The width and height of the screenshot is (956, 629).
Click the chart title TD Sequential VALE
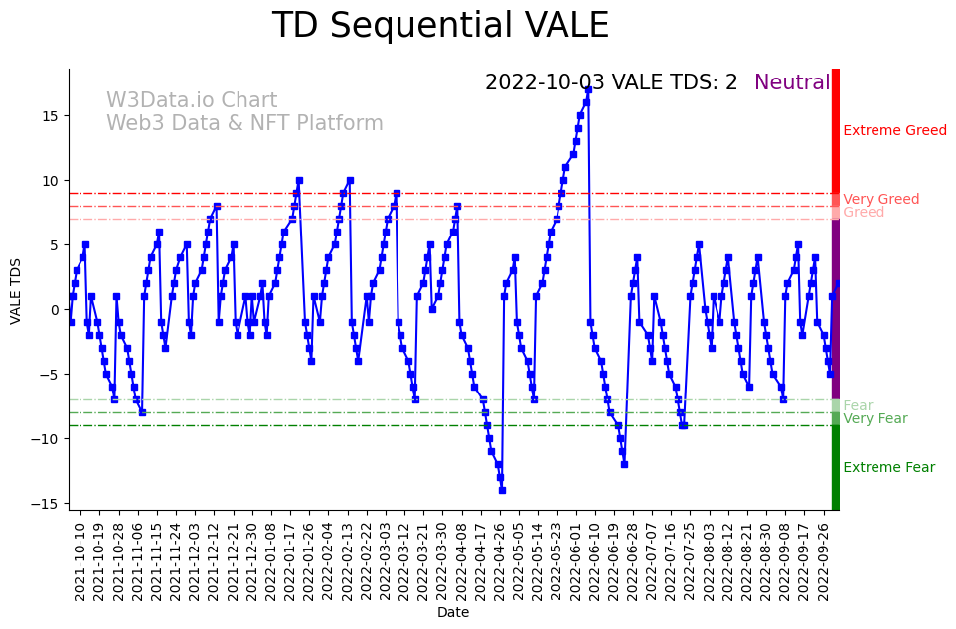pos(440,26)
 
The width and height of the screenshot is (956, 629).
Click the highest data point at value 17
pos(588,89)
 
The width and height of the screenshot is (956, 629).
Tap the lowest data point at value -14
pos(502,490)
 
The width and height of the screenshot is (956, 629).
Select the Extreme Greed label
pos(894,130)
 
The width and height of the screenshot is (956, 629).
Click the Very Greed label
pos(880,199)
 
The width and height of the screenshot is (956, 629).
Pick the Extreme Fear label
pos(888,467)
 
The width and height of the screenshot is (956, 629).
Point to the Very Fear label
pos(875,418)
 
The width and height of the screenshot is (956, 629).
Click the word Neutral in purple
pos(792,82)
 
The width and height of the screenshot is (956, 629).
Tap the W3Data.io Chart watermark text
pos(192,101)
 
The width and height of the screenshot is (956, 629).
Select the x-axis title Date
pos(453,612)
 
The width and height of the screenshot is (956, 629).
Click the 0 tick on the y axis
pos(56,309)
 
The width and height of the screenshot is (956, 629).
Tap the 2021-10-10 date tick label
pos(80,561)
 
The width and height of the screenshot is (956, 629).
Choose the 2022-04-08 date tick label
pos(461,561)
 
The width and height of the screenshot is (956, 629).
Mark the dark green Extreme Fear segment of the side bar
pos(836,467)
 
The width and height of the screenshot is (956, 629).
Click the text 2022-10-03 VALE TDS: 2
pos(611,82)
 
